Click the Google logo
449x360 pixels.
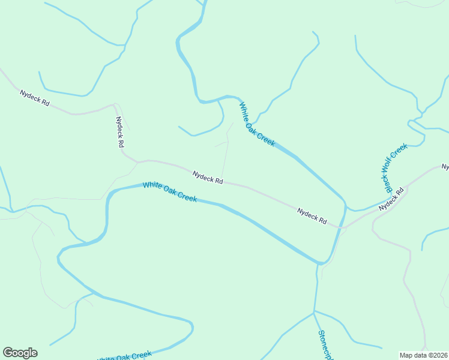pyautogui.click(x=20, y=353)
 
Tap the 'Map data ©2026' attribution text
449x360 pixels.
pyautogui.click(x=423, y=355)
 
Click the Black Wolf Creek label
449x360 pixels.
pyautogui.click(x=396, y=167)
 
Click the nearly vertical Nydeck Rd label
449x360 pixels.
pyautogui.click(x=119, y=132)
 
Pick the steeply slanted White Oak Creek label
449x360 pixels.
pyautogui.click(x=257, y=124)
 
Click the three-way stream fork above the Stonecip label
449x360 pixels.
pyautogui.click(x=313, y=312)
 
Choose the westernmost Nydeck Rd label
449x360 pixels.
pyautogui.click(x=34, y=98)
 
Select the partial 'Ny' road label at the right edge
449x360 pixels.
pyautogui.click(x=445, y=166)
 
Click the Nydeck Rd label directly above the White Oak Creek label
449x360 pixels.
pyautogui.click(x=208, y=177)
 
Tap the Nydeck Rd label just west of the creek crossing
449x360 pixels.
pyautogui.click(x=312, y=216)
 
